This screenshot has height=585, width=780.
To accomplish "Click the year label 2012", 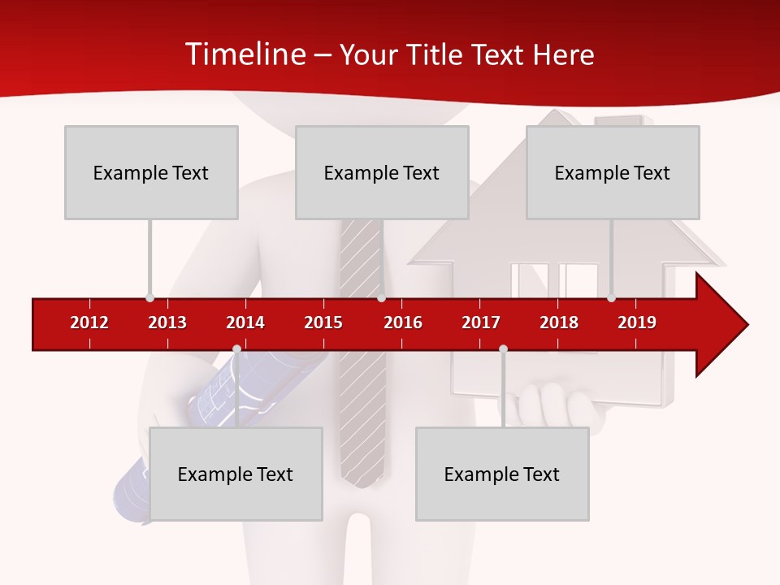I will pyautogui.click(x=89, y=323).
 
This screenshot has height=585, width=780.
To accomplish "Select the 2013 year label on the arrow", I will pyautogui.click(x=167, y=323).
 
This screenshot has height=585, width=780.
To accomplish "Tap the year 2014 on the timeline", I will pyautogui.click(x=245, y=323).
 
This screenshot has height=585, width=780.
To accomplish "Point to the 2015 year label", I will pyautogui.click(x=323, y=323).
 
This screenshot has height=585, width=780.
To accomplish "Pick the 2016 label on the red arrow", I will pyautogui.click(x=403, y=323).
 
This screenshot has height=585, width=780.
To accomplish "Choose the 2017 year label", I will pyautogui.click(x=481, y=323).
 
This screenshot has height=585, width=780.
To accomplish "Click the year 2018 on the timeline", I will pyautogui.click(x=559, y=323).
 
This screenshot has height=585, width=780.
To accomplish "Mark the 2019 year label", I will pyautogui.click(x=637, y=323).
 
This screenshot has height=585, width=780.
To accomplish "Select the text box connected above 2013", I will pyautogui.click(x=151, y=172).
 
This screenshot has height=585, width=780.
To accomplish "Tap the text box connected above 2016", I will pyautogui.click(x=382, y=172).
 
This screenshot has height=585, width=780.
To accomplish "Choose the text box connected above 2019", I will pyautogui.click(x=613, y=172).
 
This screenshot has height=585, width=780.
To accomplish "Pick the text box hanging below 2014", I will pyautogui.click(x=236, y=474).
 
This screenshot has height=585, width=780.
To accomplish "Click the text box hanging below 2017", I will pyautogui.click(x=502, y=474).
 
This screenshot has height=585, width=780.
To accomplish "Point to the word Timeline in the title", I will pyautogui.click(x=245, y=54).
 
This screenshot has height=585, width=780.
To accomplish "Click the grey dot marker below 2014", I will pyautogui.click(x=236, y=349).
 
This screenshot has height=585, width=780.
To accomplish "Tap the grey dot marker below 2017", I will pyautogui.click(x=503, y=349).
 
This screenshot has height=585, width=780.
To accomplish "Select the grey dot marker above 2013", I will pyautogui.click(x=149, y=297).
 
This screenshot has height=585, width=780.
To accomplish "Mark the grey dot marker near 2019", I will pyautogui.click(x=611, y=297).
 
